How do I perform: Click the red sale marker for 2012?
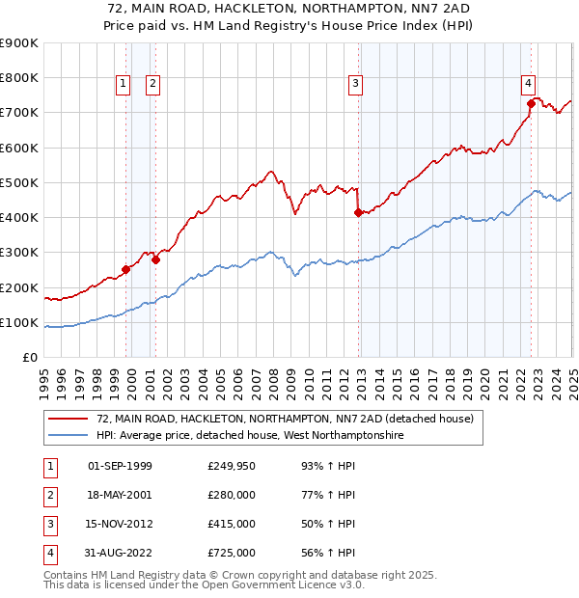(x=358, y=212)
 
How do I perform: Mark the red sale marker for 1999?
(x=126, y=270)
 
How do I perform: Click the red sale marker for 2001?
(x=155, y=259)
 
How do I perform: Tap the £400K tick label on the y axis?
(x=19, y=218)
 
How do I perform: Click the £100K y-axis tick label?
(x=19, y=323)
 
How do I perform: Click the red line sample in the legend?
(x=69, y=420)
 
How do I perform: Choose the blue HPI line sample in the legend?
(x=69, y=436)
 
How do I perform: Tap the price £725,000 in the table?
(x=232, y=553)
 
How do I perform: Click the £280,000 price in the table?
(x=232, y=495)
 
